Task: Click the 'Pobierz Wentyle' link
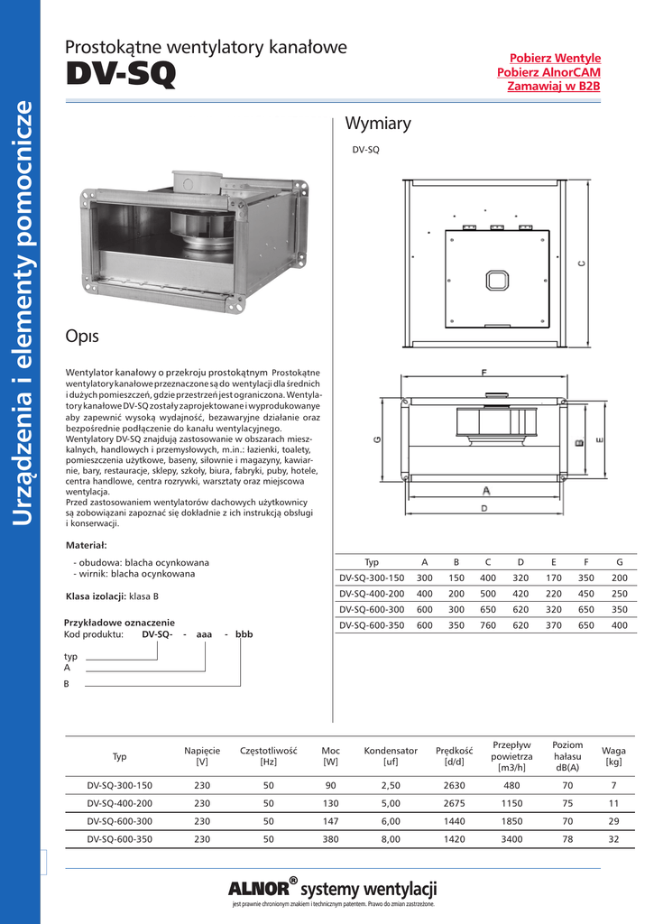point(556,58)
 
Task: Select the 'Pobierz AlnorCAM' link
point(549,72)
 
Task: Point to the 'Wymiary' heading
point(378,124)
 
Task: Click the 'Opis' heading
point(82,337)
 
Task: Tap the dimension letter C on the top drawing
point(582,263)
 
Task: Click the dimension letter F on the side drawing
point(485,372)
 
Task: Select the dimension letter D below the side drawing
point(484,509)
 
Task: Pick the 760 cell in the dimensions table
point(488,624)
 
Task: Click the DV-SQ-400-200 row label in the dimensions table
point(372,594)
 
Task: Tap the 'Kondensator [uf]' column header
point(391,756)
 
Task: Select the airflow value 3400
point(511,839)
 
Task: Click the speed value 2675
point(455,803)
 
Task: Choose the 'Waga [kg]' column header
point(613,756)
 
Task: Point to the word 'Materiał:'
point(87,545)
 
